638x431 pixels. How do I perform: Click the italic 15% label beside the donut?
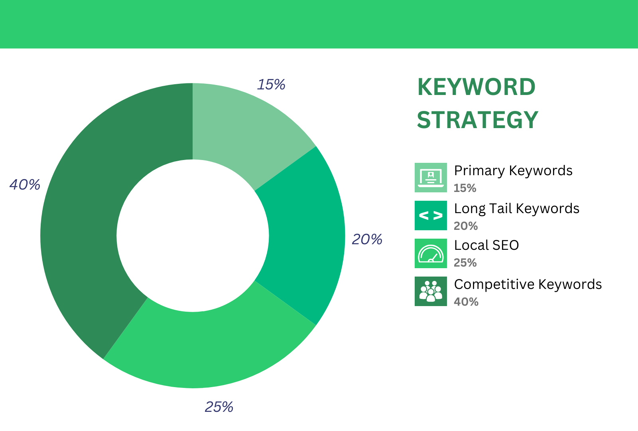[x=271, y=85]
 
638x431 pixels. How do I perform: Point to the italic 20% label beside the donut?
[x=367, y=239]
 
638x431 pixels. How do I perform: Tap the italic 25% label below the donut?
[x=219, y=407]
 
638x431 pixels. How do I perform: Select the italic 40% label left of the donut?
[x=25, y=185]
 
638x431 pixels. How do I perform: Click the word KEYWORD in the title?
[x=476, y=87]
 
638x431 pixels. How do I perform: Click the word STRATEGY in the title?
[x=477, y=120]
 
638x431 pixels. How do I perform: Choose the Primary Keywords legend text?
[x=513, y=171]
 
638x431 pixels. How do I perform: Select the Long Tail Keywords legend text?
[x=516, y=209]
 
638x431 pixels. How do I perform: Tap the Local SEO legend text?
[x=486, y=245]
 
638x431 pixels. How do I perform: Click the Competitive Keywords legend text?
[x=528, y=285]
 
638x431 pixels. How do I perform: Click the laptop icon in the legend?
[x=431, y=178]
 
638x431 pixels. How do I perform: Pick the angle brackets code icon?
[x=431, y=215]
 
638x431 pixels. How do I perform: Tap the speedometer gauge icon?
[x=431, y=253]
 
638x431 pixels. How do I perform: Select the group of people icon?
[x=431, y=291]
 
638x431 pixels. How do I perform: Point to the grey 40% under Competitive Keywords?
[x=466, y=302]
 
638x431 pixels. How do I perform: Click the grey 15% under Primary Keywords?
[x=465, y=188]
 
